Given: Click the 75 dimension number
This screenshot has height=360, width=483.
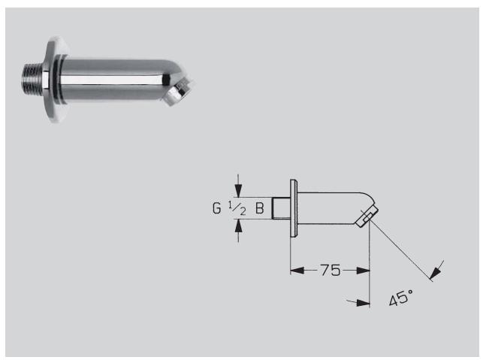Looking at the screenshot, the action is [331, 270].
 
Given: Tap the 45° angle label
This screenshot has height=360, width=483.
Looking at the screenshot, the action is [401, 298].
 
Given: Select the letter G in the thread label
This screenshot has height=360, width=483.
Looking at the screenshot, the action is [217, 208].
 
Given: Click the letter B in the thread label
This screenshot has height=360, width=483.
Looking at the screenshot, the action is [260, 208].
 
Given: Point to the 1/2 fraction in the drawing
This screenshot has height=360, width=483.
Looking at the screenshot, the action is [237, 207].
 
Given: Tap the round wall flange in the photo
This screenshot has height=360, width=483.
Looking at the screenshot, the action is [56, 79].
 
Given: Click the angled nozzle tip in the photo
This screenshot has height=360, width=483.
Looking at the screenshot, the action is [179, 92].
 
